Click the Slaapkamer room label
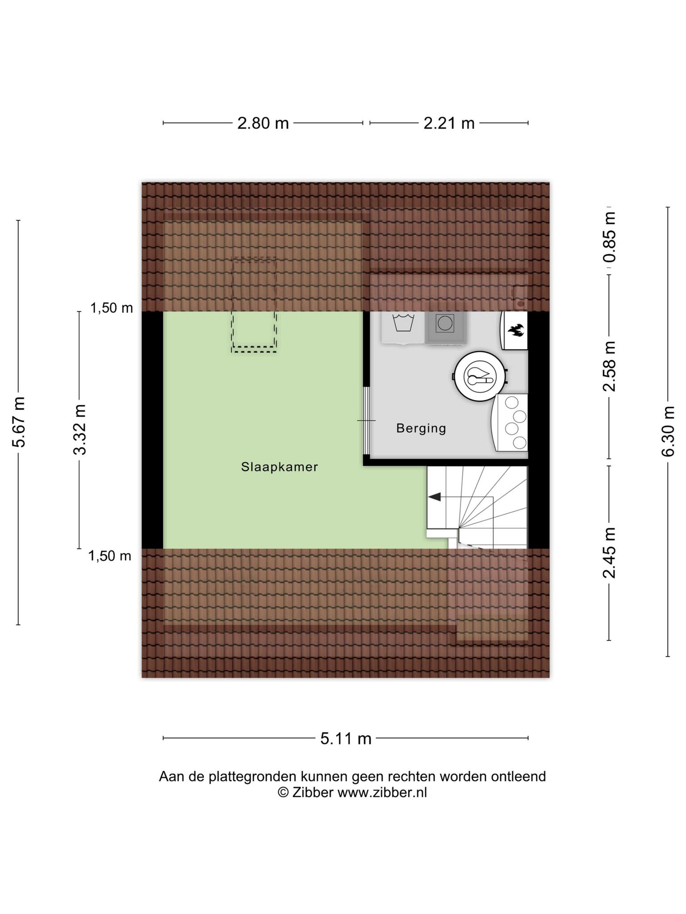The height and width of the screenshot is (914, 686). click(x=280, y=467)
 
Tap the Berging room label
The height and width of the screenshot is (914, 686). click(x=421, y=428)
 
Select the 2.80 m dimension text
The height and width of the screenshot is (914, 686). click(x=263, y=123)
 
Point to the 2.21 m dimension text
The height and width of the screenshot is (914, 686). click(x=449, y=123)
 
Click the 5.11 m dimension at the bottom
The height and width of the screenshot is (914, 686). click(x=346, y=739)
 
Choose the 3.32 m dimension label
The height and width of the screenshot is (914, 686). click(x=80, y=429)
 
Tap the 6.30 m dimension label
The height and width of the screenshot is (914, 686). click(x=668, y=432)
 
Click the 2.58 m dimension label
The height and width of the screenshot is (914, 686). click(x=609, y=366)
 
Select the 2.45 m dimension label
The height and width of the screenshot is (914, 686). click(x=609, y=553)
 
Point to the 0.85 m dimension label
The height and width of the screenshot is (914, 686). click(x=609, y=237)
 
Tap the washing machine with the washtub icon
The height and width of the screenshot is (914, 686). click(x=403, y=327)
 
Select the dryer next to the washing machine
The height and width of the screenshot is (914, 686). click(x=445, y=327)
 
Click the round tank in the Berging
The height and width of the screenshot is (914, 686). click(x=480, y=376)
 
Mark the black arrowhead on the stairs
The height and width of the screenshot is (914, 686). click(x=434, y=497)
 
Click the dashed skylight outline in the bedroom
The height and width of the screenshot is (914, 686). click(x=254, y=306)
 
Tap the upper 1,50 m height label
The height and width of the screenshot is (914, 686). click(x=112, y=308)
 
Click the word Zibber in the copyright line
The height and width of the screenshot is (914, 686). click(x=313, y=792)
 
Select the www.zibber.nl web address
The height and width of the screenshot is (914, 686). click(x=382, y=792)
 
